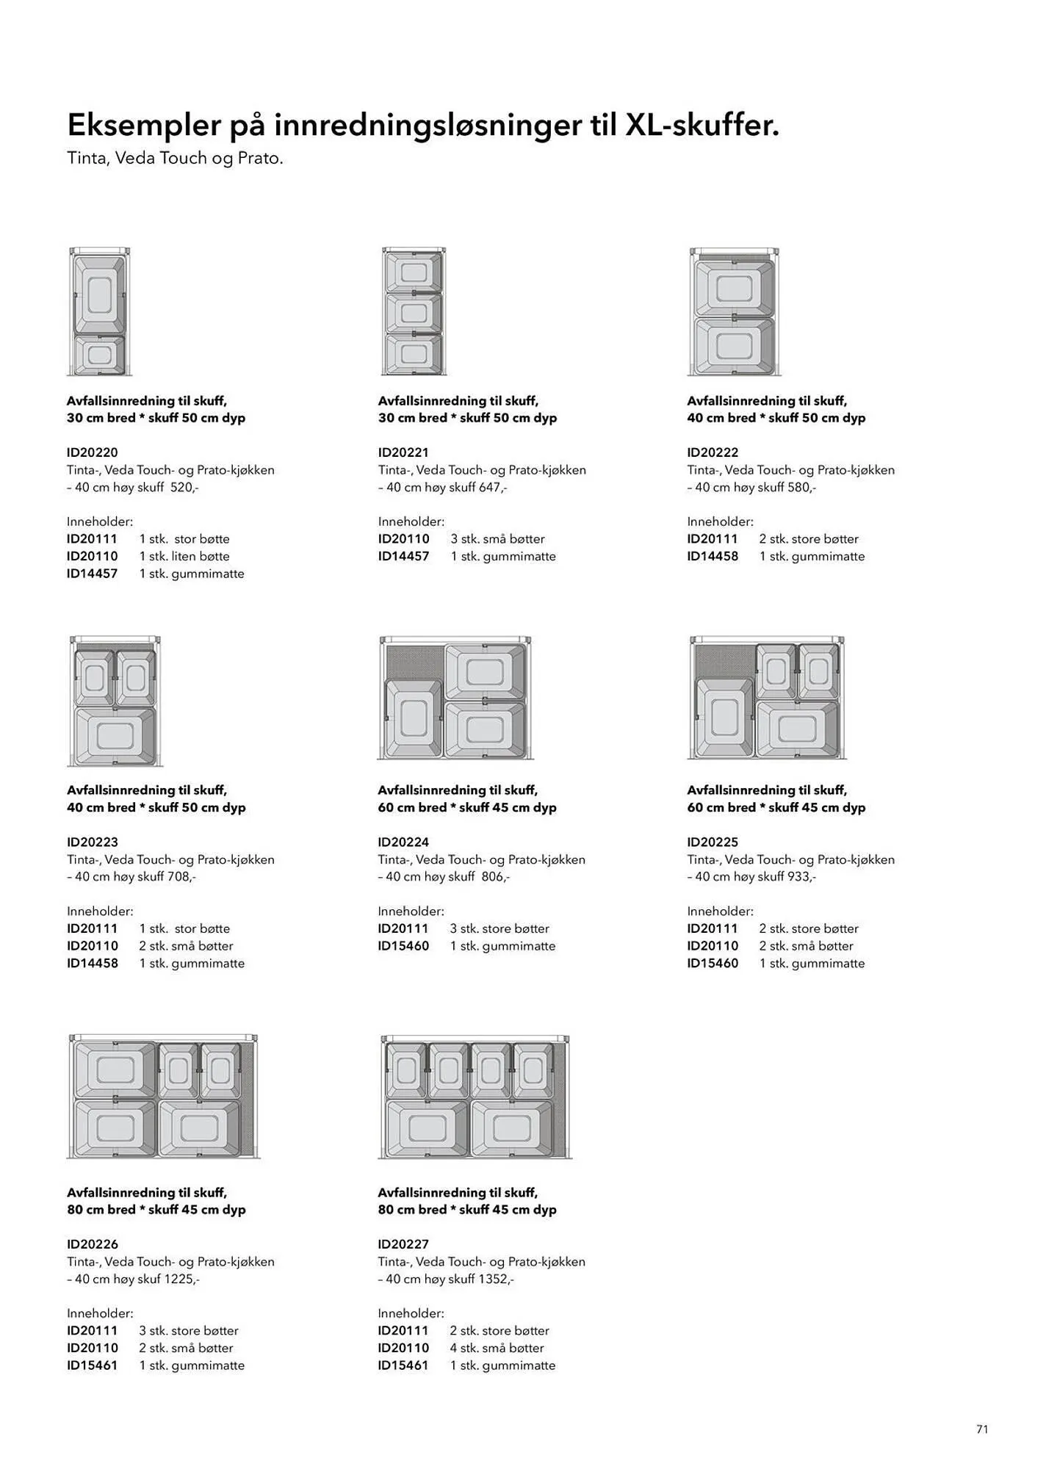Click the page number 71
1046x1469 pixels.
point(982,1429)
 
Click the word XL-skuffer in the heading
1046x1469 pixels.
point(701,126)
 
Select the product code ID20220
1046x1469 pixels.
point(92,452)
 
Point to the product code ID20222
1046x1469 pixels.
point(713,452)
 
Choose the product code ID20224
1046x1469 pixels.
point(403,842)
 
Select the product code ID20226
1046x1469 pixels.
point(92,1244)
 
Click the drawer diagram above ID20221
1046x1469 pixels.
point(414,312)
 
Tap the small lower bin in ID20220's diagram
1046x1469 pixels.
point(99,355)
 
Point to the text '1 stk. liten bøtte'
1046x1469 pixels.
point(184,556)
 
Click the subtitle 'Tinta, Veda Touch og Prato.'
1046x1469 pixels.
point(175,158)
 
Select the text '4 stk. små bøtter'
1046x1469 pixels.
point(497,1348)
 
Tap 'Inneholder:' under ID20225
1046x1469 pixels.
point(720,911)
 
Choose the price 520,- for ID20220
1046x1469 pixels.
point(184,487)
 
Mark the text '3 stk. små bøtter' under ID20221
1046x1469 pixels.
point(497,538)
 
